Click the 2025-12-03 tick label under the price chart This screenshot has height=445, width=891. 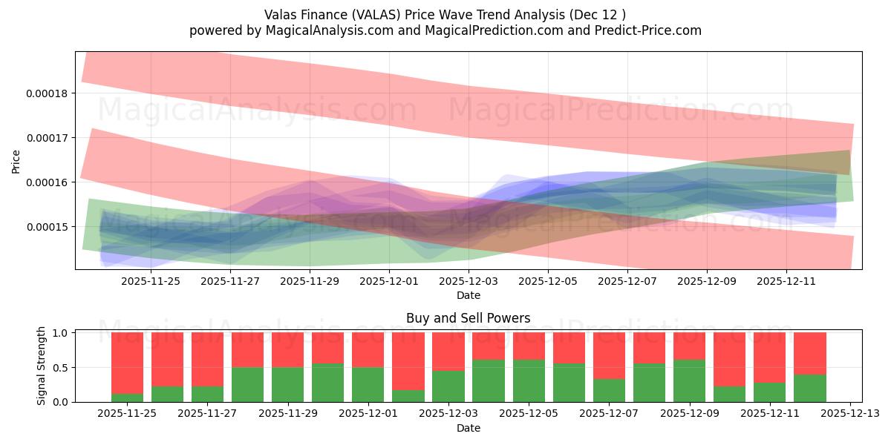pyautogui.click(x=469, y=281)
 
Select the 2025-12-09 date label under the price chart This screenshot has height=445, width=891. pyautogui.click(x=707, y=281)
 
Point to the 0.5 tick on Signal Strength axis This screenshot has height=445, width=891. pyautogui.click(x=61, y=368)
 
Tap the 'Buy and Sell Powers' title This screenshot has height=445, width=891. pyautogui.click(x=468, y=319)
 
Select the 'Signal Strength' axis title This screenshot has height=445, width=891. pyautogui.click(x=42, y=365)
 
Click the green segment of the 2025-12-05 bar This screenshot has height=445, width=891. pyautogui.click(x=529, y=380)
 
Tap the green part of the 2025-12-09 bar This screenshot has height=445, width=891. pyautogui.click(x=689, y=380)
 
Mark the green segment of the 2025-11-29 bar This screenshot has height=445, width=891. pyautogui.click(x=287, y=384)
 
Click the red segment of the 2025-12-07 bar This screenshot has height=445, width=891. pyautogui.click(x=609, y=355)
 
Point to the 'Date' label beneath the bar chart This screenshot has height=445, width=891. pyautogui.click(x=468, y=428)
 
